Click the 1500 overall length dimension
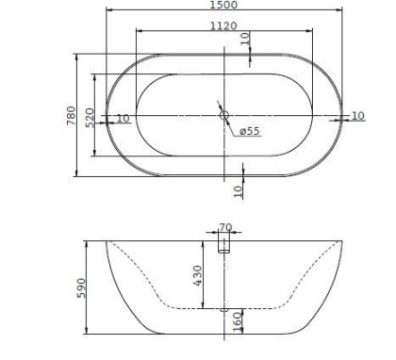tap(223, 5)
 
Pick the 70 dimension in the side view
tap(224, 227)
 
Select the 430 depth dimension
tap(197, 273)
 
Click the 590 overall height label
tap(81, 286)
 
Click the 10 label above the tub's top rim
tap(245, 39)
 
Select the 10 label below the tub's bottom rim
tap(238, 189)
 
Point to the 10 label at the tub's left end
tap(122, 119)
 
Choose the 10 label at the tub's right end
tap(357, 115)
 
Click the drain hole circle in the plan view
tap(223, 115)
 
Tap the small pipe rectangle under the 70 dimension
tap(224, 245)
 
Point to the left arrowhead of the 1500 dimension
tap(106, 11)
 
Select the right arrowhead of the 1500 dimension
tap(340, 11)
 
